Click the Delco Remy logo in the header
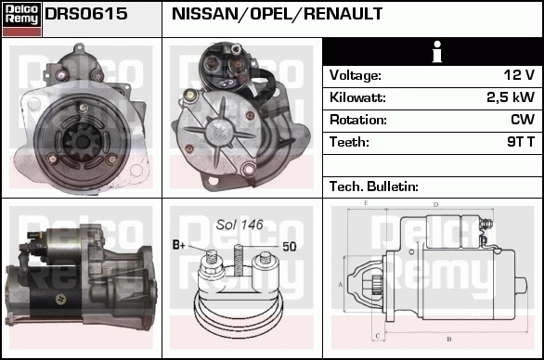pos(21,19)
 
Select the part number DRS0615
pos(86,14)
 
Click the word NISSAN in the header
pos(203,14)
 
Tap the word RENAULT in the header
pos(343,14)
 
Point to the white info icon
pos(437,52)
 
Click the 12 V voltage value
pos(519,75)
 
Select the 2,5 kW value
pos(511,97)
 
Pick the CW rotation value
pos(523,120)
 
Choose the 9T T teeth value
pos(521,142)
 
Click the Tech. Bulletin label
pos(374,186)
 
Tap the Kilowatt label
pos(357,97)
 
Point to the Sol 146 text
pos(240,225)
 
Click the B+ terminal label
pos(179,245)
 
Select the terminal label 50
pos(290,247)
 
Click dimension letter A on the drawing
pos(340,285)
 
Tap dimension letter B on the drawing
pos(449,339)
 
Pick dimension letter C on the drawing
pos(378,336)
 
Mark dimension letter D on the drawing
pos(435,205)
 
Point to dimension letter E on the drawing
pos(366,203)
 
